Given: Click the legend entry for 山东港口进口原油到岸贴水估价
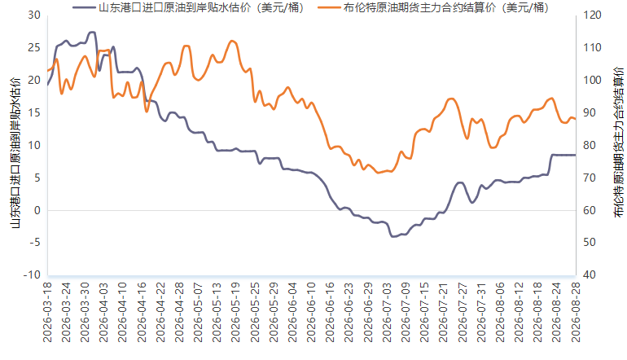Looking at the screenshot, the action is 188,7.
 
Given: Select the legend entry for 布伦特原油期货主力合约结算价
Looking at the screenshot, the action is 433,7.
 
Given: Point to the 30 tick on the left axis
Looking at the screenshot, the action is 34,15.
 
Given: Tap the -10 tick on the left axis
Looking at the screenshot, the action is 32,275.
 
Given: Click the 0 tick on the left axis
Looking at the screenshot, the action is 37,210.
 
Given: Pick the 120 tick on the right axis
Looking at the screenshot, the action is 592,15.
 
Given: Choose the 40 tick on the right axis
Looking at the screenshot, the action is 589,275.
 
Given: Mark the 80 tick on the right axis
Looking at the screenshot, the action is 589,145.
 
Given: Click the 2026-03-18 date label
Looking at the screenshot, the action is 47,313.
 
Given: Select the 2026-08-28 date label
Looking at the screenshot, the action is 576,313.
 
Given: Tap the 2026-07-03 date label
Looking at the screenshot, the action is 387,313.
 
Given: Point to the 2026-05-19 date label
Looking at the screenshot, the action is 236,313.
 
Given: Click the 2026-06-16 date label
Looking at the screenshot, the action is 331,313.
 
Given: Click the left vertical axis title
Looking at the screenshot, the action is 15,152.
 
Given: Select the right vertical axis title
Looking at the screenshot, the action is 618,143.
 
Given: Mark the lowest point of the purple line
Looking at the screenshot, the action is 393,237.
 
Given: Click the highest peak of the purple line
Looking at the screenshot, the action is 92,32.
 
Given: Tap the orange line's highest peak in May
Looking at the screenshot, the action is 232,41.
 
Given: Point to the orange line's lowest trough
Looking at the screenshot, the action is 378,173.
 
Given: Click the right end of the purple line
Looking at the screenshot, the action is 576,155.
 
